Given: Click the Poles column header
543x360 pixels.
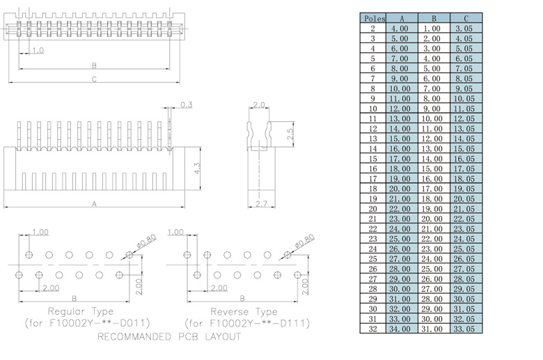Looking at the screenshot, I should coord(373,18).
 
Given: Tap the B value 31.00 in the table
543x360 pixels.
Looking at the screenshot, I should coord(433,329).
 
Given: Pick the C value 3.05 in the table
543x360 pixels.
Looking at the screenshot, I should coord(464,29).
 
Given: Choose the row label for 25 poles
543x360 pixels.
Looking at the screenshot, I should coord(373,258).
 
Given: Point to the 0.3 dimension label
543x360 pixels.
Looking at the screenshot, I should coord(186,105).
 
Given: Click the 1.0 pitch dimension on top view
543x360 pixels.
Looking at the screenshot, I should coord(38,51).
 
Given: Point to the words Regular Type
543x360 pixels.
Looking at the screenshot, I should coord(79,311).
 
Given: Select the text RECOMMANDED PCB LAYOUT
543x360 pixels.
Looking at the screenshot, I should coord(169,337).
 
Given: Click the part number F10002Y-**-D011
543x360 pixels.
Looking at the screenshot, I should coord(88,324).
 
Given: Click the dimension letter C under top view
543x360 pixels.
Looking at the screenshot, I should coord(94,79).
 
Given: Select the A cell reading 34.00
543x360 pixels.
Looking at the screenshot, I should coord(400,329).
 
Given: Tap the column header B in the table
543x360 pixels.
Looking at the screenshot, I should coord(433,18).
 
